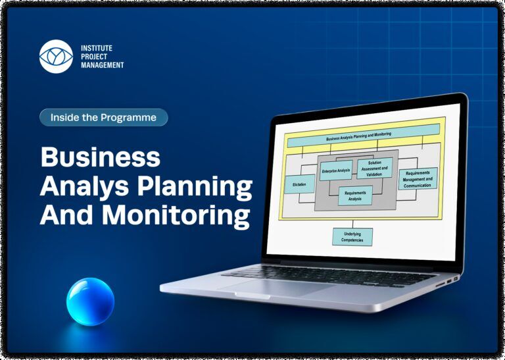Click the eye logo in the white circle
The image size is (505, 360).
click(x=56, y=57)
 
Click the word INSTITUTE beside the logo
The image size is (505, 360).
click(x=97, y=48)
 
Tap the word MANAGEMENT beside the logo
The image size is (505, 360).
click(x=103, y=65)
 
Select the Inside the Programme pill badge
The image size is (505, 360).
click(x=104, y=117)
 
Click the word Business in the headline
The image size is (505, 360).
click(x=100, y=157)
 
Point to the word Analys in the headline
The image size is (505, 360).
click(x=84, y=186)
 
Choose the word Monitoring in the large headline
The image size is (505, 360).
click(x=176, y=215)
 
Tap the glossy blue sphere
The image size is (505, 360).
click(x=91, y=301)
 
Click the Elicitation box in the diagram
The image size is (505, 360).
click(x=300, y=184)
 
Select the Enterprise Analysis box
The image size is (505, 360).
click(x=336, y=170)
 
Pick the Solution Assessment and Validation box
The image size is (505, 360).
click(x=375, y=168)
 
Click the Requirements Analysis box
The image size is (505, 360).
click(x=355, y=195)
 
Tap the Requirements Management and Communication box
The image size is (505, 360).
click(x=418, y=178)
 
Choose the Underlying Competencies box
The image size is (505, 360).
click(x=352, y=237)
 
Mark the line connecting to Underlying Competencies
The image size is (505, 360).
click(x=352, y=224)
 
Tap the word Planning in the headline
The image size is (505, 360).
click(x=195, y=186)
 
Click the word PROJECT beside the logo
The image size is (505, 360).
click(x=94, y=57)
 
